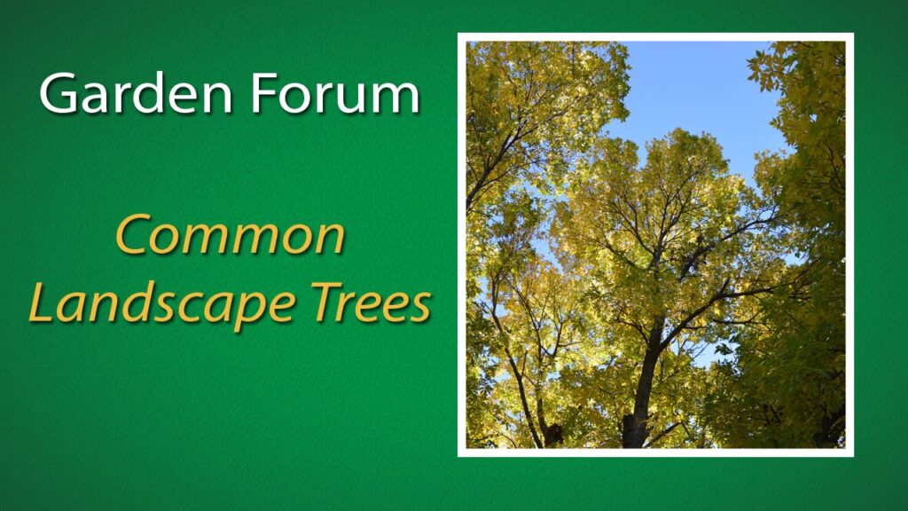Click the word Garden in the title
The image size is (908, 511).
[136, 92]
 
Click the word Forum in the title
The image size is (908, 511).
[334, 92]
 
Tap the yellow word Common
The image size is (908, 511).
[231, 235]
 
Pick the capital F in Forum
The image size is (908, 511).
[262, 92]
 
